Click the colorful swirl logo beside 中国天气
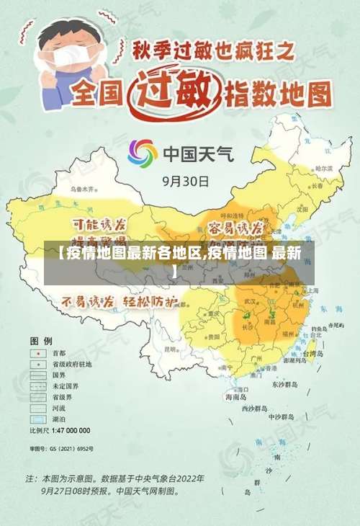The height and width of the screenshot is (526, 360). (143, 153)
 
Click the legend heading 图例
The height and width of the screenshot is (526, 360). (40, 339)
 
